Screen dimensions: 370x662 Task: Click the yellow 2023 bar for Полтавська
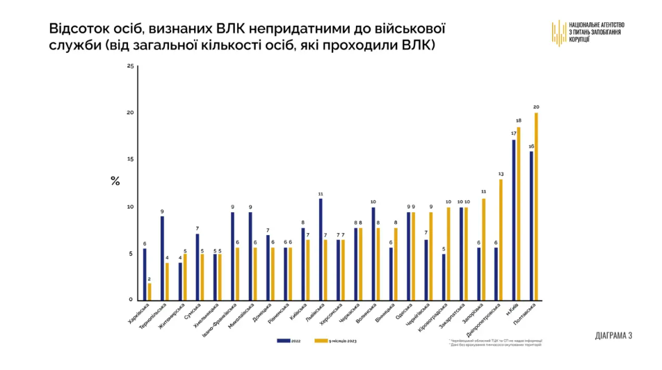[536, 206]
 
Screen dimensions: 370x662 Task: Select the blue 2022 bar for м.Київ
[514, 220]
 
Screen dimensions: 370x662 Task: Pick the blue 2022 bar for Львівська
[321, 249]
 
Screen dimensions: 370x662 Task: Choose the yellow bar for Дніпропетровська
[501, 239]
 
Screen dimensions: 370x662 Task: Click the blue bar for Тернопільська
[162, 258]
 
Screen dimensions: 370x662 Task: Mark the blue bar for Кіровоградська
[444, 277]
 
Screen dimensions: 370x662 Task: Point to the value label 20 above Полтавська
[536, 107]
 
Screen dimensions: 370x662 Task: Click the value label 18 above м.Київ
[519, 121]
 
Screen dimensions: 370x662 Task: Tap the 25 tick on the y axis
[130, 66]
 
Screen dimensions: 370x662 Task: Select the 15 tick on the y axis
[130, 159]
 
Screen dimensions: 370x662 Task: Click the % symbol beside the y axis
[115, 182]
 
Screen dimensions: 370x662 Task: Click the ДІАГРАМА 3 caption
[614, 335]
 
